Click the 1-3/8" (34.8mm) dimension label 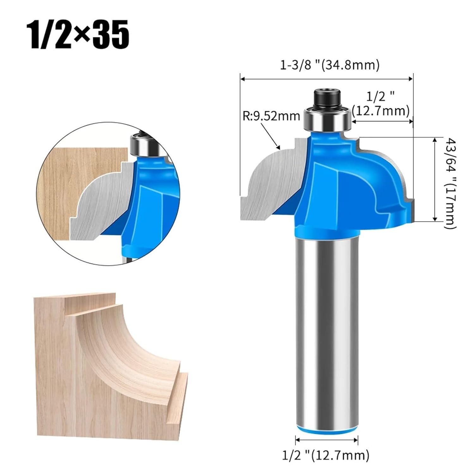pos(330,65)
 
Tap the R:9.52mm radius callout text pos(271,116)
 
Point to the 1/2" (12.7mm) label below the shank pos(325,455)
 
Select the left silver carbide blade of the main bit pos(272,183)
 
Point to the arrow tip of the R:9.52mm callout pos(279,148)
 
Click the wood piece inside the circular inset pos(63,190)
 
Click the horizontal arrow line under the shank pos(327,439)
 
